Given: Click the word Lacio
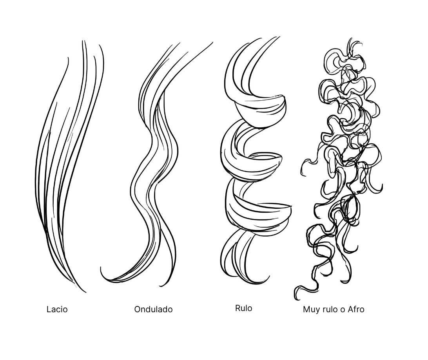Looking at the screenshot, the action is click(57, 309).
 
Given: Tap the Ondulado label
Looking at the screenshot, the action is click(153, 309).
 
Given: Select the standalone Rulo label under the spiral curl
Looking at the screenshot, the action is click(243, 308).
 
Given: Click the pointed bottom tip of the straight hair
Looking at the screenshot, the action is click(85, 292).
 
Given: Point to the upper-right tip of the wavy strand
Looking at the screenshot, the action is click(212, 43).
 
